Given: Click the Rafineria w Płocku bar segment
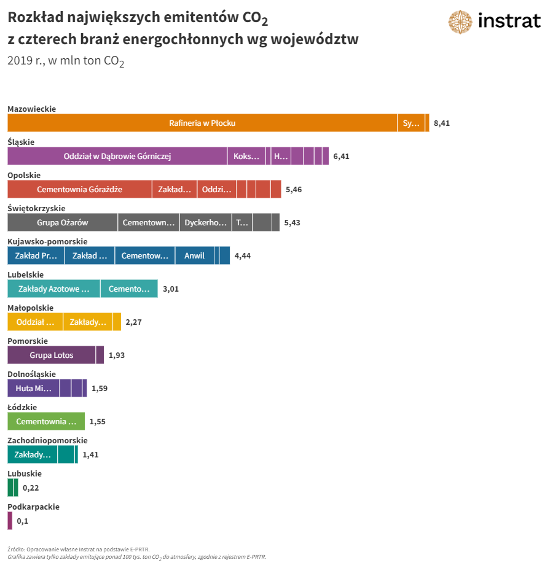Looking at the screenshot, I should (x=202, y=123).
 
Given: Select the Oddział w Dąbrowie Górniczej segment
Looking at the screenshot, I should (x=117, y=156).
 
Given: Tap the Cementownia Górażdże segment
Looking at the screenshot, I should (x=79, y=189).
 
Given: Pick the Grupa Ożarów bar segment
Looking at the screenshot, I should (x=62, y=222).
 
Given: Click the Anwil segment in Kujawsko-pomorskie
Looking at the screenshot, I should (x=194, y=255).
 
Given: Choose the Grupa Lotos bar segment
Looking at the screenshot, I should (x=51, y=355).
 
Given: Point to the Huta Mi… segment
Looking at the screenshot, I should (x=33, y=388).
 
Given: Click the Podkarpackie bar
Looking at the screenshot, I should (x=10, y=521).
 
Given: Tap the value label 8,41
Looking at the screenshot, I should (x=442, y=123).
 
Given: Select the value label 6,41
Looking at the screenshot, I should (x=341, y=157).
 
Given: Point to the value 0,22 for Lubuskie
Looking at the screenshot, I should (x=31, y=488).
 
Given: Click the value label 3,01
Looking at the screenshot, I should (x=170, y=289).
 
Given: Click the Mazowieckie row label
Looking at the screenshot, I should (x=31, y=109).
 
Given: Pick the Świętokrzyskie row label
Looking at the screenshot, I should (x=36, y=208).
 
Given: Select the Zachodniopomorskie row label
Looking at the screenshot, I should (x=47, y=440).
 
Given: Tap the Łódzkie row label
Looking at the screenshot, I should (x=22, y=407).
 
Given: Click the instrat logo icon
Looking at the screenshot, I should (x=460, y=21).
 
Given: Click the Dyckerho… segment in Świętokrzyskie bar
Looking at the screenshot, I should (x=205, y=222).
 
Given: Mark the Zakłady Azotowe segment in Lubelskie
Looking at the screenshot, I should (x=53, y=289).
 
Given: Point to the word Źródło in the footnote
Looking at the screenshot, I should (x=15, y=549).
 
